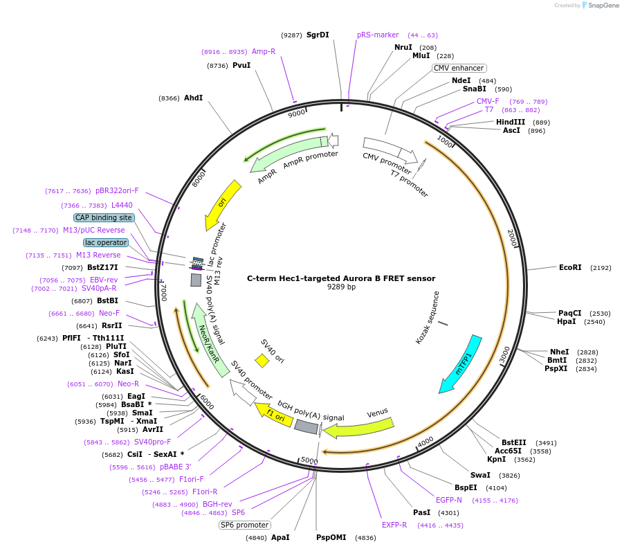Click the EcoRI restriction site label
570,267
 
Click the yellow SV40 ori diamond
262,361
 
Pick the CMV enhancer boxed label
459,68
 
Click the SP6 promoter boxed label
244,525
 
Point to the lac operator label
106,242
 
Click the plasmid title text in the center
341,278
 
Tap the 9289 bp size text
341,287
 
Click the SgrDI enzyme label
318,35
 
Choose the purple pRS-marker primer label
378,35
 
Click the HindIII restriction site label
511,122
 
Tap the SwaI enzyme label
480,475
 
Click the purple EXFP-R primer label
394,525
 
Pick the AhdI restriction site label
193,98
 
